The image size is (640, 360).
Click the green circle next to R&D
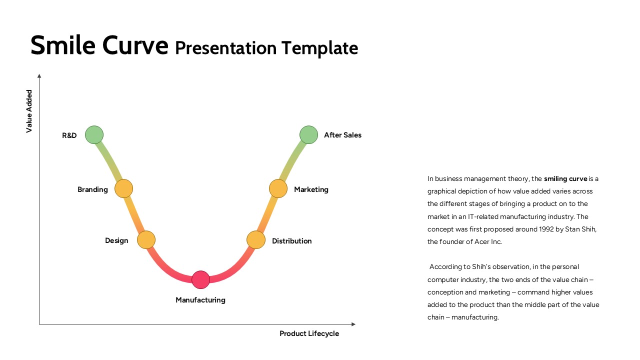[x=94, y=134]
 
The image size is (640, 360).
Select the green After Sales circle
[x=308, y=134]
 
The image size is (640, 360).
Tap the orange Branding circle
[x=123, y=188]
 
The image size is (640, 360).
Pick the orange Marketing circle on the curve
[x=278, y=188]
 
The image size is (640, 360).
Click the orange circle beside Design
[x=146, y=240]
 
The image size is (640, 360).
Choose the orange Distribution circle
[x=255, y=240]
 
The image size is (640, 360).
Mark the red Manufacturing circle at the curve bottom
[x=200, y=279]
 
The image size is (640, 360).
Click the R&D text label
[x=69, y=135]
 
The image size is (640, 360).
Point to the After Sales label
[x=342, y=135]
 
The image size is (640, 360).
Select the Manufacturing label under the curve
[x=200, y=300]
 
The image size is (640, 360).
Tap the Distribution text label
[x=291, y=241]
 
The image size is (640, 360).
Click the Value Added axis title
[x=29, y=111]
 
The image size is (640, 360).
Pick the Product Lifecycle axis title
[x=309, y=333]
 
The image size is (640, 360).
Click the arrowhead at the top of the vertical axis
[x=39, y=76]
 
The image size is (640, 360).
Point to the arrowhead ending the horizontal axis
[x=353, y=324]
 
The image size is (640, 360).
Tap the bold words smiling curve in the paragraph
[x=565, y=178]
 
